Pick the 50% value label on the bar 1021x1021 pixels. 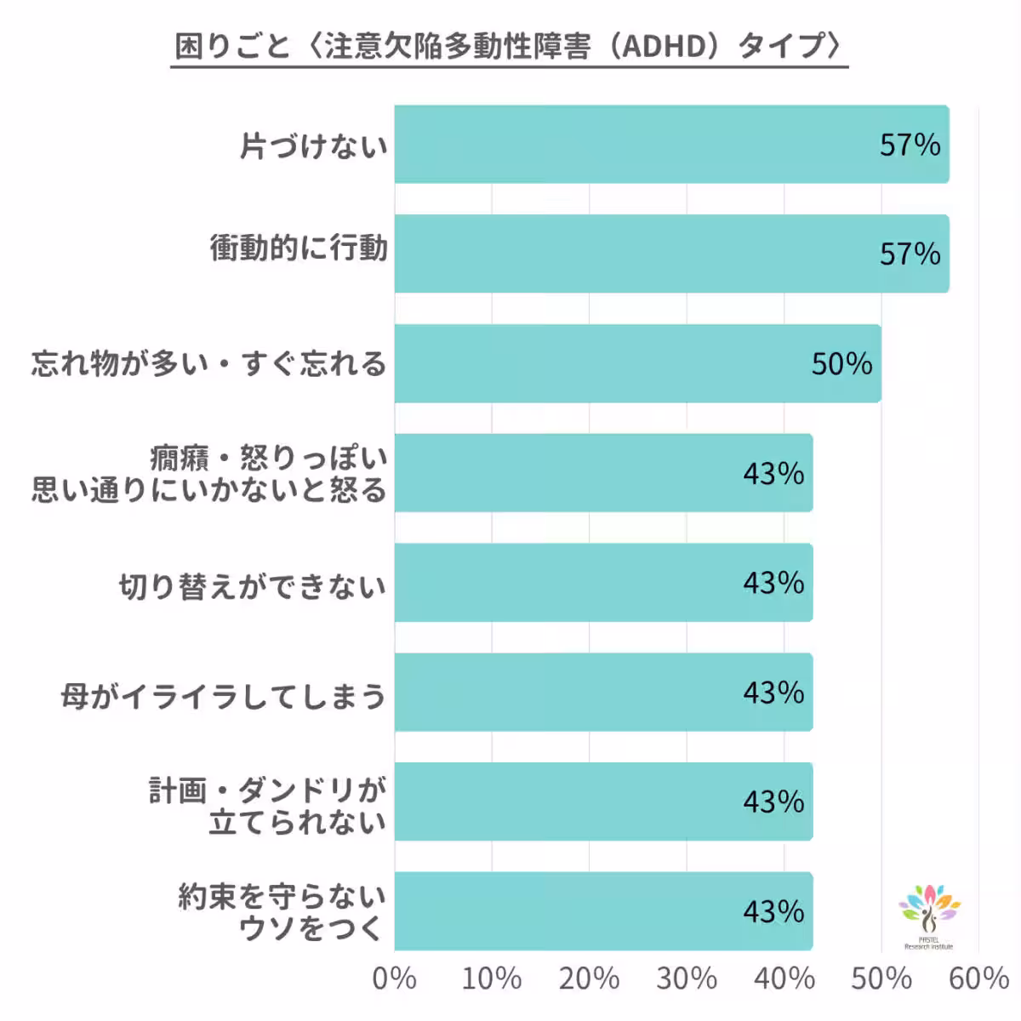tap(841, 364)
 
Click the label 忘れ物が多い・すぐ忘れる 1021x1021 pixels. tap(209, 364)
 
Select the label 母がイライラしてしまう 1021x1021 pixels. tap(224, 696)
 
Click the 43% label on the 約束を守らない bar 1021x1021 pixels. tap(773, 912)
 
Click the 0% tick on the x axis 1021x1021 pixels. tap(394, 979)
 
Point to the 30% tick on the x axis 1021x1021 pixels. tap(686, 979)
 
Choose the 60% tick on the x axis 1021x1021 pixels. tap(978, 979)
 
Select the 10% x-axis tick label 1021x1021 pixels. tap(491, 979)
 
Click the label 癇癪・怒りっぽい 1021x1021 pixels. tap(269, 459)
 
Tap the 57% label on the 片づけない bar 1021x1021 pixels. tap(910, 145)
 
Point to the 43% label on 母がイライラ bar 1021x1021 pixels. tap(773, 693)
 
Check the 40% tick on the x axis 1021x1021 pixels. tap(784, 979)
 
